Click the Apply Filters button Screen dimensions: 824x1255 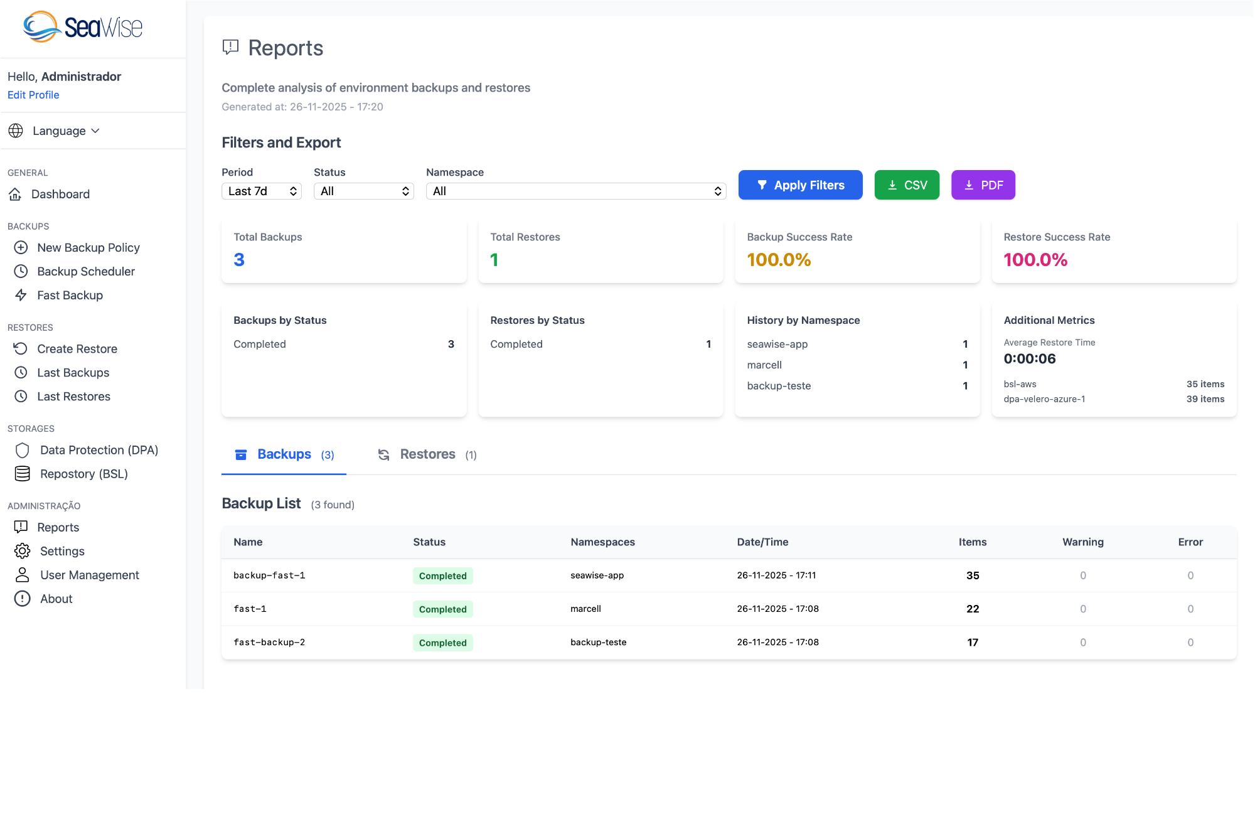pos(800,185)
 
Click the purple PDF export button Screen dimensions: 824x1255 pos(983,185)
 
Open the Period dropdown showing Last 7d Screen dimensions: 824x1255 pos(262,191)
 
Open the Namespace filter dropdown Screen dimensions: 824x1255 pos(575,191)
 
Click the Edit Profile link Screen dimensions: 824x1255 pos(33,95)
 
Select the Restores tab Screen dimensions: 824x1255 pos(427,454)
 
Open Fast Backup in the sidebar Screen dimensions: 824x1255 pos(70,295)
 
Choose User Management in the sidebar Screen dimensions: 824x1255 pos(90,575)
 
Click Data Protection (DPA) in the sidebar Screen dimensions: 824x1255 pos(99,450)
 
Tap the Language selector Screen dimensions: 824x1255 pos(60,131)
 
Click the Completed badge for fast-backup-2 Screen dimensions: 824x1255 pos(442,643)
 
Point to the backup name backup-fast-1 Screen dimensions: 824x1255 pos(269,575)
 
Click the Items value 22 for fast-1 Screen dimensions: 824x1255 pos(973,609)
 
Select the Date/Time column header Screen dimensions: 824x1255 pos(762,542)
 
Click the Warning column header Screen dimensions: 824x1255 pos(1082,542)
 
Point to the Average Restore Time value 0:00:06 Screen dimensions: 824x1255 pos(1030,359)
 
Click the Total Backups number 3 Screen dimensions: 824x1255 pos(239,260)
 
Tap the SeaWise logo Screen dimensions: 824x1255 pos(83,28)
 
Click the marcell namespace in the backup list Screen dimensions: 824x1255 pos(585,609)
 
